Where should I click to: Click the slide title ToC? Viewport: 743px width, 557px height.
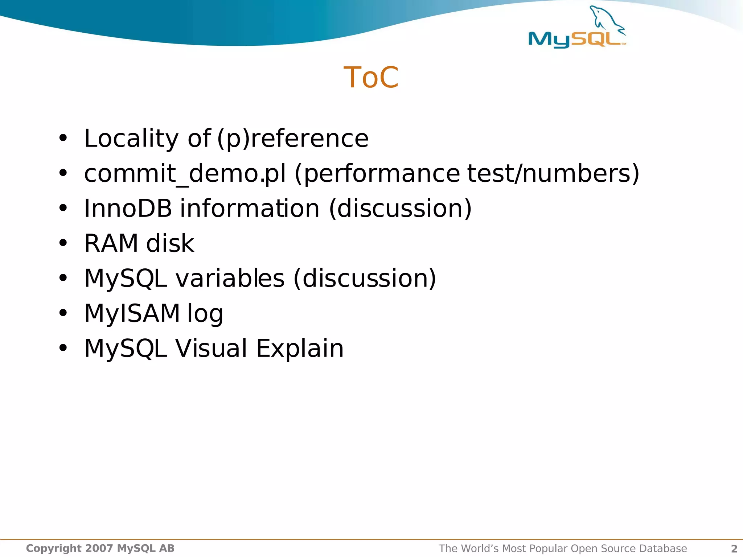click(x=371, y=78)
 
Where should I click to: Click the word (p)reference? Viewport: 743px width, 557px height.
click(x=292, y=139)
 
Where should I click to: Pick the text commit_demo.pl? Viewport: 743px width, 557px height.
click(x=185, y=173)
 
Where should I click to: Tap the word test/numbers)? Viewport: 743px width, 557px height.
click(x=553, y=173)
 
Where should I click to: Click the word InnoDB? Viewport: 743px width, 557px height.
click(x=128, y=209)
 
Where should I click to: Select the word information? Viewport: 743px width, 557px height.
click(x=250, y=209)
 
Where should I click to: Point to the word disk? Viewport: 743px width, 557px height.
click(x=170, y=243)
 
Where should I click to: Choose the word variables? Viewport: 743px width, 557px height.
click(x=230, y=278)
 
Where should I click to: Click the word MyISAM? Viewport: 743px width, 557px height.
click(x=132, y=313)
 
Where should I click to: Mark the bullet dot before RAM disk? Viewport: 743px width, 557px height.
click(x=63, y=243)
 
